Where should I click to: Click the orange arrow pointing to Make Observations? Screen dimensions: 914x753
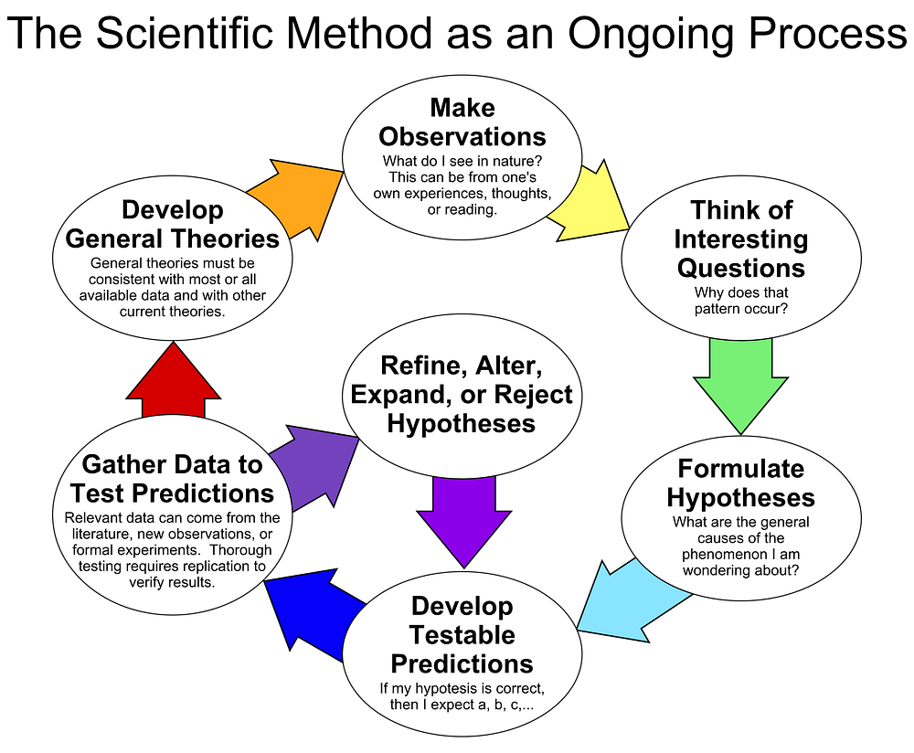tap(295, 199)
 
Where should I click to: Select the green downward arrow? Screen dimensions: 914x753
tap(740, 386)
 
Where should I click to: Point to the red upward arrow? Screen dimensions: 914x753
tap(173, 380)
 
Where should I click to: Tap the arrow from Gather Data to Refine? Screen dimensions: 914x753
tap(313, 467)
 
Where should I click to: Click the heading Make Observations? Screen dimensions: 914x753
tap(462, 122)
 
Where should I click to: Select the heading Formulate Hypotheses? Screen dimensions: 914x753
tap(741, 483)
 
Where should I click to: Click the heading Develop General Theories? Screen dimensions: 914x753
tap(173, 225)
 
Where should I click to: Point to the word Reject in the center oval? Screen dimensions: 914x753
tap(534, 395)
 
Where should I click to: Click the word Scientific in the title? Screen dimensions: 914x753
tap(184, 33)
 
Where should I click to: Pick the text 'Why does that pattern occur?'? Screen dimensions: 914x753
tap(741, 301)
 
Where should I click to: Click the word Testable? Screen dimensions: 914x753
tap(462, 635)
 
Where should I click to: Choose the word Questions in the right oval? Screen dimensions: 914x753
tap(741, 268)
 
